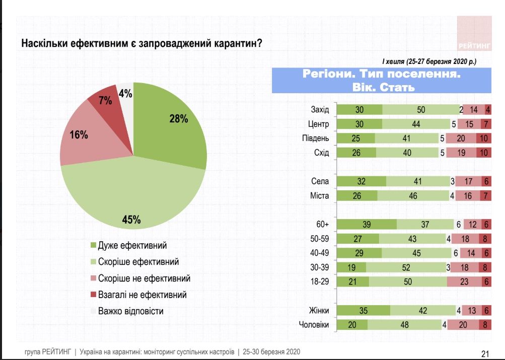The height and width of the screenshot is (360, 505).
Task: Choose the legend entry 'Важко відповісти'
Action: pos(131,311)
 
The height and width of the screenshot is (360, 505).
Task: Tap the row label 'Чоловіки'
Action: pos(314,325)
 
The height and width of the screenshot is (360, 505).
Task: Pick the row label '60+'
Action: pos(322,225)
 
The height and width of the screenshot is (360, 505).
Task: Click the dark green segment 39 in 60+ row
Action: pos(366,225)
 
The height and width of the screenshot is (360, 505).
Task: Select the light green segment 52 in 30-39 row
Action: pos(407,268)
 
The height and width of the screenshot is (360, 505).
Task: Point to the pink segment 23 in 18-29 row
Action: pos(463,282)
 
